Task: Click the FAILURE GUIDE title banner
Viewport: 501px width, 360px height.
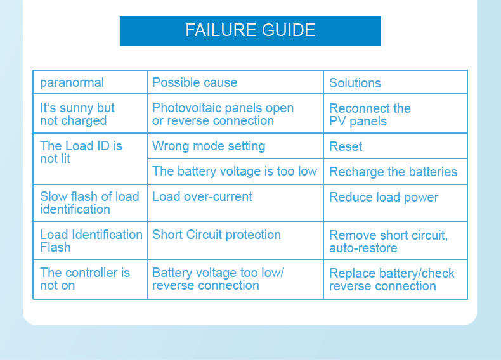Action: point(250,30)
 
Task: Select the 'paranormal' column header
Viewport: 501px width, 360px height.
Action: point(72,82)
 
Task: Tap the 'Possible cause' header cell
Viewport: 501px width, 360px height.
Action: point(195,82)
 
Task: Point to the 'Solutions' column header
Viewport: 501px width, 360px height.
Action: point(355,83)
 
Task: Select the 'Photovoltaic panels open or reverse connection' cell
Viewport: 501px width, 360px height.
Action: point(223,114)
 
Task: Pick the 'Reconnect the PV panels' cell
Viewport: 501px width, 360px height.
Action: point(370,115)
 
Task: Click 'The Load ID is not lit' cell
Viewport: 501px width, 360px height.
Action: point(81,152)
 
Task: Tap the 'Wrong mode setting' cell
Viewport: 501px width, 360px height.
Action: point(209,146)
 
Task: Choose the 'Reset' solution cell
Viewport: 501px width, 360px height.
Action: point(346,146)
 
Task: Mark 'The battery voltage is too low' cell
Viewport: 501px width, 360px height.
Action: point(235,171)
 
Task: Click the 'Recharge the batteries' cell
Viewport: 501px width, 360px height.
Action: point(393,172)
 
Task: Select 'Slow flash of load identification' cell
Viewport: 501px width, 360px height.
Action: point(89,203)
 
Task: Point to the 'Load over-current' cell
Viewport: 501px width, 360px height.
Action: point(202,197)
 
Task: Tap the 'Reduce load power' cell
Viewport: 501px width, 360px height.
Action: point(384,197)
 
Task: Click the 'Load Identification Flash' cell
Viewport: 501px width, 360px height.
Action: point(91,241)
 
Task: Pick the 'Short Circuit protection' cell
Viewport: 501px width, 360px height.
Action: point(216,235)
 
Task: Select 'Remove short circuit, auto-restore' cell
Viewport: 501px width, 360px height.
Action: point(388,241)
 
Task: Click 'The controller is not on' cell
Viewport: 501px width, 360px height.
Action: point(85,279)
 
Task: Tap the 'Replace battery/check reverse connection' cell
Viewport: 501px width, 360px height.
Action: point(391,280)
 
